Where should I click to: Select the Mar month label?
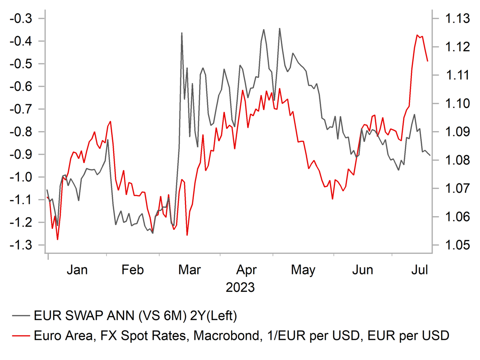(189, 270)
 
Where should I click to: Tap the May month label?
(303, 270)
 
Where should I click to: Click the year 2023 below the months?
(240, 287)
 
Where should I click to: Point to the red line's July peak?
(417, 35)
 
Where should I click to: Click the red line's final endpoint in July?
(427, 61)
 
